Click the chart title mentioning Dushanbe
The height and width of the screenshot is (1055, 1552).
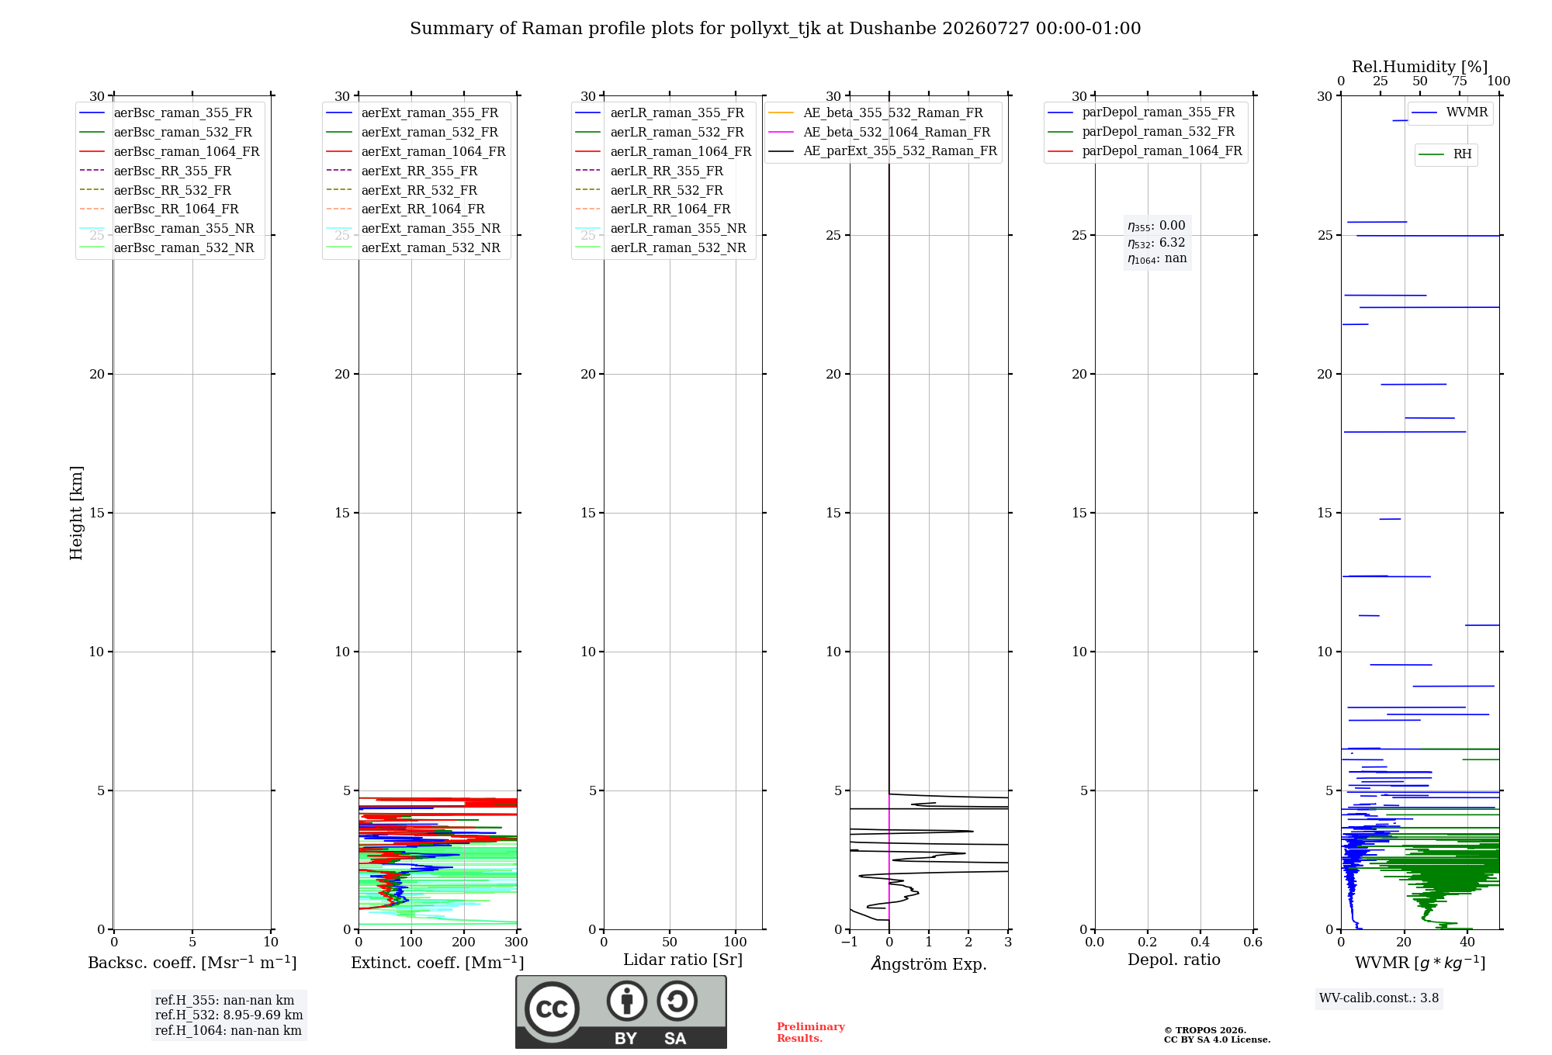pos(775,29)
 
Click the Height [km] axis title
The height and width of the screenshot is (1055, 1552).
pos(76,513)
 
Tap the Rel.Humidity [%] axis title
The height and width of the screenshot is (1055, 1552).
pos(1420,67)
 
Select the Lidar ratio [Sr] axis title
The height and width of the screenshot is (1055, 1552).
pos(683,960)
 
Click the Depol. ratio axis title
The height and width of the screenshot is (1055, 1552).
pos(1174,960)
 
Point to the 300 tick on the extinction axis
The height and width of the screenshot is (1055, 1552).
pos(517,943)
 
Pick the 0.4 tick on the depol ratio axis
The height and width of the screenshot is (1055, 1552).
pos(1200,943)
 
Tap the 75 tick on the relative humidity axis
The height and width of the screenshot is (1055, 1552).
pos(1460,81)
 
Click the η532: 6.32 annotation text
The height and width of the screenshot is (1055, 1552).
pos(1156,243)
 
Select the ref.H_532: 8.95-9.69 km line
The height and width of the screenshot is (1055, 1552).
pos(229,1015)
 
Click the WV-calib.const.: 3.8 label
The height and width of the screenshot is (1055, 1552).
pos(1379,998)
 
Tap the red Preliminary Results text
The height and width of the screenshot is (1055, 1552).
pos(811,1033)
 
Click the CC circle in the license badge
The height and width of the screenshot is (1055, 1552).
pos(552,1009)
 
